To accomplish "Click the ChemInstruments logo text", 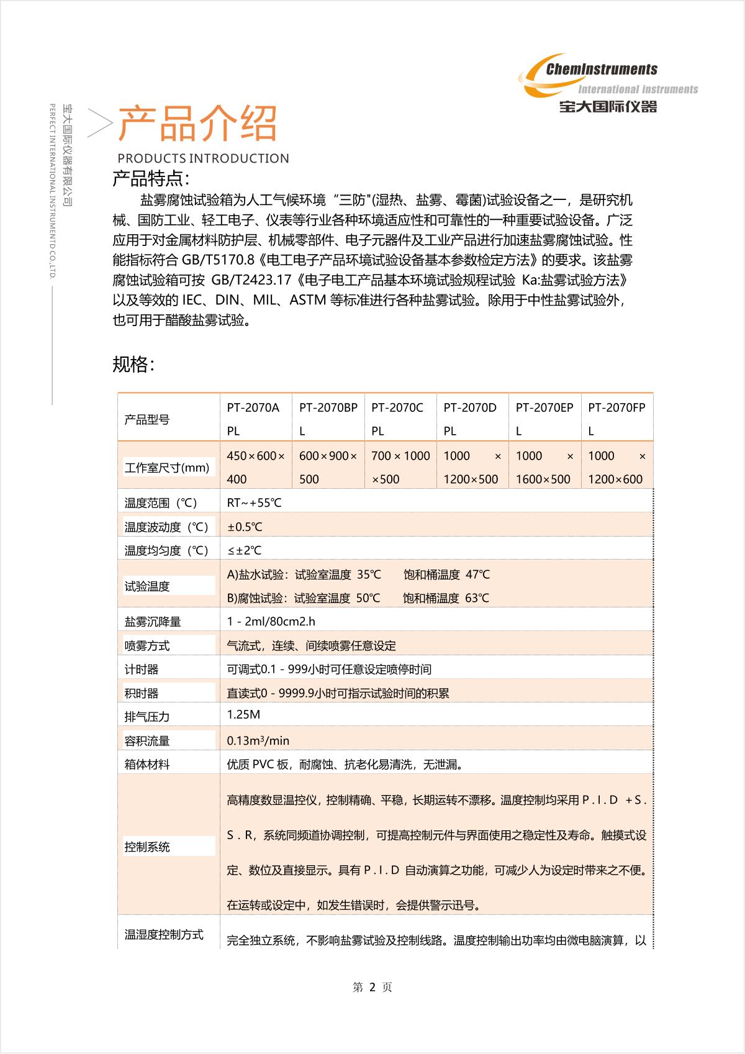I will coord(601,70).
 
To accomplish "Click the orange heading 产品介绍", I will coord(197,123).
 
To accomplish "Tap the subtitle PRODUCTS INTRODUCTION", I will coord(203,158).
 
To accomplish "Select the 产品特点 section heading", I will coord(150,179).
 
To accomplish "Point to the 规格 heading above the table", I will coord(133,365).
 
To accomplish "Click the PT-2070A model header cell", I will coord(253,419).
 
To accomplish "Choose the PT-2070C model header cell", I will coord(397,419).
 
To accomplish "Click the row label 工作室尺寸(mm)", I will coord(167,468).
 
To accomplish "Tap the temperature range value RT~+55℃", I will coord(254,503).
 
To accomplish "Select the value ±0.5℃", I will coord(245,527).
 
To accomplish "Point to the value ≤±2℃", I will coord(244,550).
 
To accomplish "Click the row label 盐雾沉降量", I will coord(153,622).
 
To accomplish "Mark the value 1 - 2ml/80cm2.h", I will coord(271,622).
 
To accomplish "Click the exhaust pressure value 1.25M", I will coord(243,714).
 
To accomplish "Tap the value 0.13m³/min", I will coord(258,740).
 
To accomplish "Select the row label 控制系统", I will coord(147,847).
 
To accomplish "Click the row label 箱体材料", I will coord(147,765).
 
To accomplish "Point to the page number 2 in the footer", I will coord(372,988).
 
